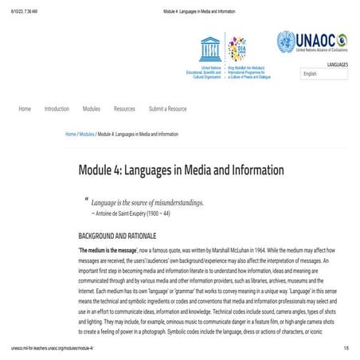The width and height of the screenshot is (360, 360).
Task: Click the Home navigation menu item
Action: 25,108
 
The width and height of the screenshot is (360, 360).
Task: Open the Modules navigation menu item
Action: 92,108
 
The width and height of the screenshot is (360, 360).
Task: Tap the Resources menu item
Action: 124,108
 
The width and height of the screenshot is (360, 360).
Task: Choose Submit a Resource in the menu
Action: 168,108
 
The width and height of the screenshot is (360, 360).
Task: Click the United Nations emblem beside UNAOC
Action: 286,41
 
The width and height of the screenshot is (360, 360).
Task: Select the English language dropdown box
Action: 324,73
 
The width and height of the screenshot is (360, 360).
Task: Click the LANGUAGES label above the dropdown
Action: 338,64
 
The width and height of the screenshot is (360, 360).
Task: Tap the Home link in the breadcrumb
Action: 71,135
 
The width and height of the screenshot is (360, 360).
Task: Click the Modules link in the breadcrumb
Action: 87,135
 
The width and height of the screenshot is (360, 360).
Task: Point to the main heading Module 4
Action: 181,170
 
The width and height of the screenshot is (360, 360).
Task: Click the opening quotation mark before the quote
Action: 86,199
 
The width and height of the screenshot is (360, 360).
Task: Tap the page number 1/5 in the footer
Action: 346,349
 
